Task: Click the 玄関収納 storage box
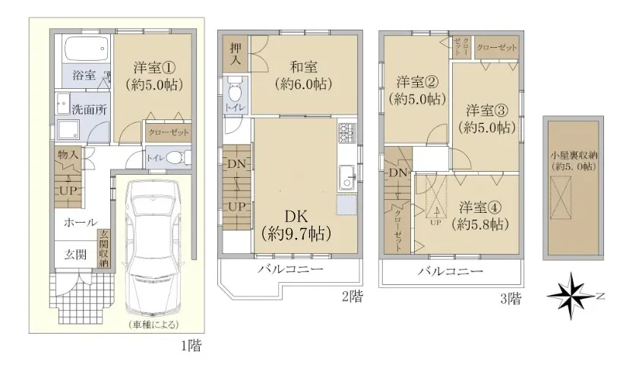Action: (x=104, y=249)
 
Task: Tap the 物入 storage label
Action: (x=68, y=154)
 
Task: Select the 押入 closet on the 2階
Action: (x=236, y=53)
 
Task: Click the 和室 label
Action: (x=303, y=67)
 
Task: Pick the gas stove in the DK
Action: (x=346, y=133)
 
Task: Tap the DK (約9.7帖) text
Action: (x=296, y=226)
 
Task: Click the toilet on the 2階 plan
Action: (x=235, y=91)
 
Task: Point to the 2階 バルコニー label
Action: (x=290, y=269)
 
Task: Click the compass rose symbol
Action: (x=571, y=296)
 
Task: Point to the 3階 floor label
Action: (x=511, y=299)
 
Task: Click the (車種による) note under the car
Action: (x=153, y=325)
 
